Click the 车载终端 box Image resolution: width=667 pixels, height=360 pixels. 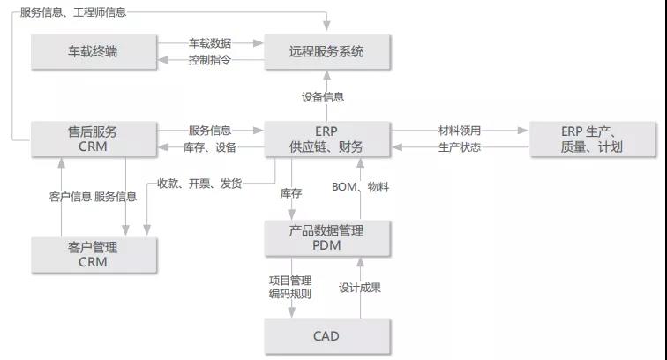click(94, 51)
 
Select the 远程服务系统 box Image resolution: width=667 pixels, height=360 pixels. click(327, 51)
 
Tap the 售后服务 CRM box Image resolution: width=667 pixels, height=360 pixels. click(94, 139)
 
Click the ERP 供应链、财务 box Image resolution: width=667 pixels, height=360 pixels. click(327, 139)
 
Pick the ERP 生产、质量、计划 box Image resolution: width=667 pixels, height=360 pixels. click(592, 139)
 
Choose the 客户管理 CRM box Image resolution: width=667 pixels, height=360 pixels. click(94, 254)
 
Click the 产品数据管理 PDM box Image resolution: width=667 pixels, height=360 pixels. click(327, 238)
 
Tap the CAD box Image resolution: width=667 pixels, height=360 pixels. click(327, 336)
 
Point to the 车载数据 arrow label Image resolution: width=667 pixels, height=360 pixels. click(210, 43)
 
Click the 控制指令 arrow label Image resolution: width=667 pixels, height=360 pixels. click(210, 60)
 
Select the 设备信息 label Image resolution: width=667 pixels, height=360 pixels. click(323, 97)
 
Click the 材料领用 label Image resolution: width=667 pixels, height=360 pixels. click(460, 131)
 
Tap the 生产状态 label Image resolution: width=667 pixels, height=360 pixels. click(460, 147)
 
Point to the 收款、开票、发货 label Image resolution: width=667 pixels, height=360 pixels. click(199, 184)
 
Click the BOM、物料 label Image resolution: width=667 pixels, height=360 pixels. click(360, 187)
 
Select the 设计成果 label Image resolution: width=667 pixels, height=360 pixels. click(360, 288)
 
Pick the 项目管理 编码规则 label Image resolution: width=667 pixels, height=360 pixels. click(290, 288)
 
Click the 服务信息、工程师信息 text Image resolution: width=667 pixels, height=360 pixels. click(73, 12)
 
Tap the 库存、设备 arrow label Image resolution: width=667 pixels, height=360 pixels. click(210, 147)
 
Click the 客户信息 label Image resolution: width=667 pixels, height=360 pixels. click(71, 197)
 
